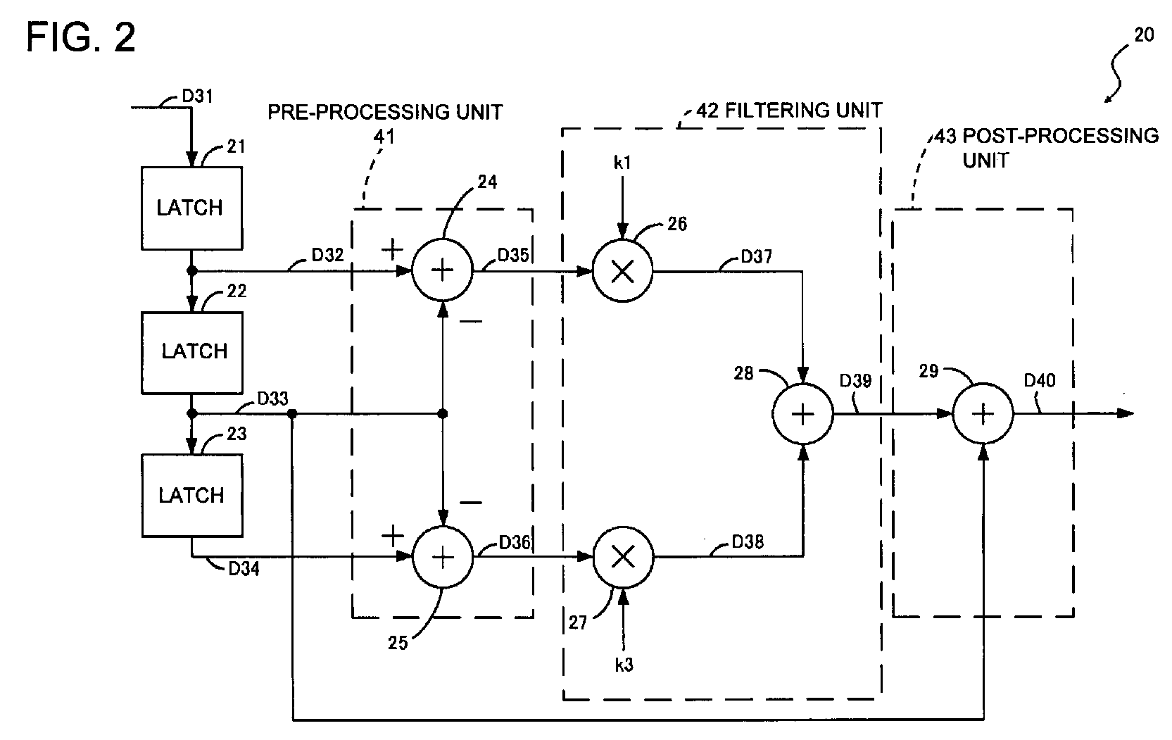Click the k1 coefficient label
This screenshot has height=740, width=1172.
coord(622,163)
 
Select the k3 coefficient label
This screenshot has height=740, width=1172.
coord(624,665)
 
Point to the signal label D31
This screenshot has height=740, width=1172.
coord(197,96)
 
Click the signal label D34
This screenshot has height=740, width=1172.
coord(244,568)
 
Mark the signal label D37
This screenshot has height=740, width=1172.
coord(757,256)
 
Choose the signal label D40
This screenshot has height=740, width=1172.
coord(1040,380)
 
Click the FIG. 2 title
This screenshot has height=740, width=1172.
coord(81,37)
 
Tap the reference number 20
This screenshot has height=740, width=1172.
coord(1145,35)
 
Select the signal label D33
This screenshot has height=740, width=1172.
coord(272,399)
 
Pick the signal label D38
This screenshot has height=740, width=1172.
coord(748,541)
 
